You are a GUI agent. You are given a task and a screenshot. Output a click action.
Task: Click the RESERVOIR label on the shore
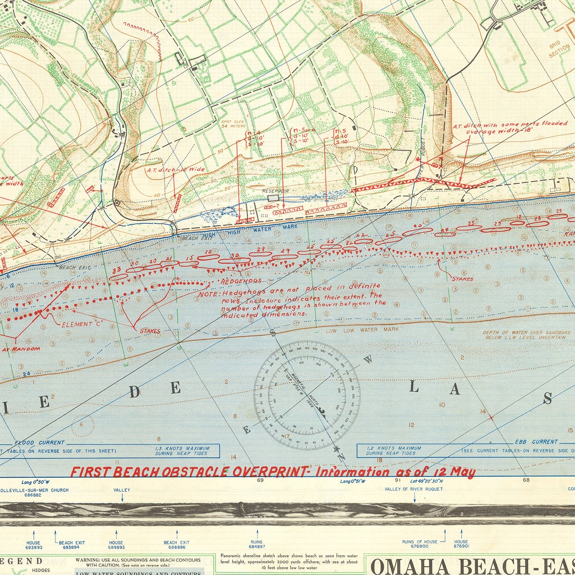[275, 191]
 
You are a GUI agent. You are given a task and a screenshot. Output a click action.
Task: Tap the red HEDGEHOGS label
[241, 281]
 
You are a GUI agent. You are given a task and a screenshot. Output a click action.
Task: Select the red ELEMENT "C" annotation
[83, 324]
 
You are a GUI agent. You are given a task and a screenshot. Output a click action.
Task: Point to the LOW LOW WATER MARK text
[362, 330]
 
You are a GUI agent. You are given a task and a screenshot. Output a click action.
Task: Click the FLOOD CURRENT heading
[39, 442]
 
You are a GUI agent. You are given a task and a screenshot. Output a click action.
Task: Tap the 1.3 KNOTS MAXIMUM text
[182, 448]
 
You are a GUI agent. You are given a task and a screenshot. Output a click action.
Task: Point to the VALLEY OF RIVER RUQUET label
[414, 489]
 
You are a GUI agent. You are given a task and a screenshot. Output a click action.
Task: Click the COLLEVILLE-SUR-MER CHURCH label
[34, 490]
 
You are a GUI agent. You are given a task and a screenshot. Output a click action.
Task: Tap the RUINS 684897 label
[256, 544]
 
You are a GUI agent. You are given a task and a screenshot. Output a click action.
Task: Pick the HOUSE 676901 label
[461, 544]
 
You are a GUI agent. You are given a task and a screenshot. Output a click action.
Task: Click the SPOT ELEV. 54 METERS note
[233, 124]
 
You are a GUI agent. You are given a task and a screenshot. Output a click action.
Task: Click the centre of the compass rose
[307, 395]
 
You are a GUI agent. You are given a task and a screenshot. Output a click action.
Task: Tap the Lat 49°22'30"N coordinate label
[427, 480]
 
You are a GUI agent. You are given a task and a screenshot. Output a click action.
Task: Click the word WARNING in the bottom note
[88, 560]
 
